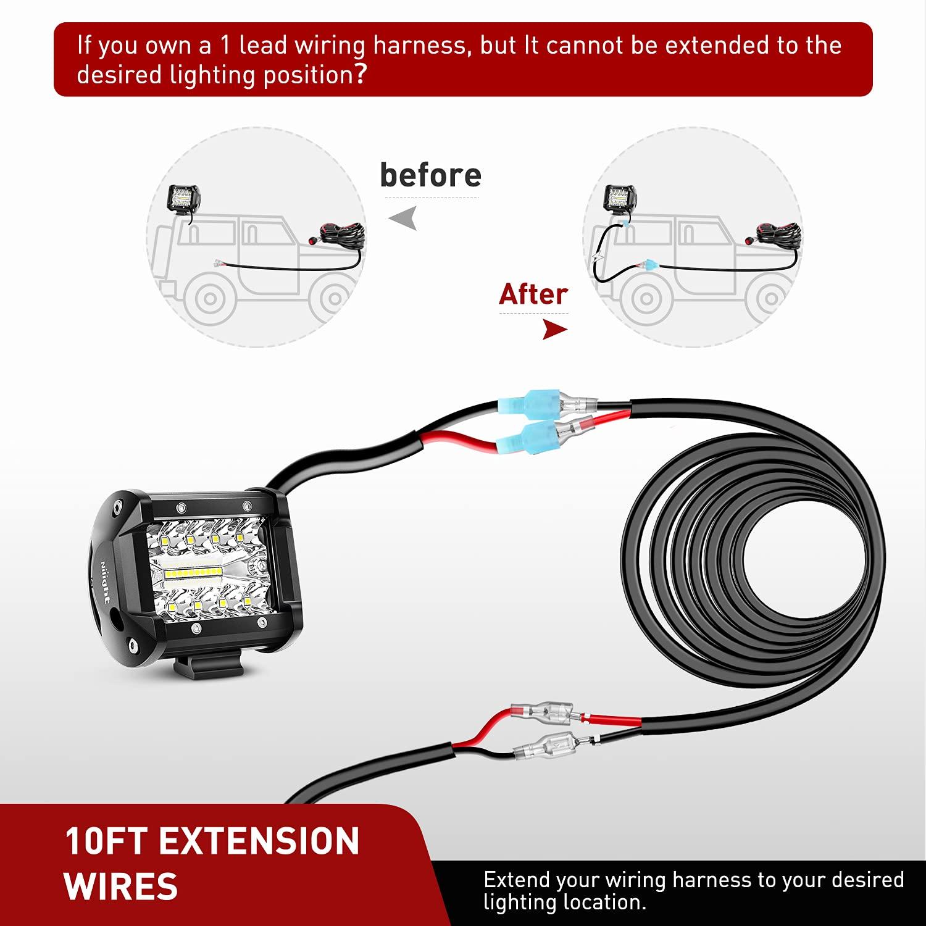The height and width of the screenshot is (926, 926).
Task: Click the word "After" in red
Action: pos(533,294)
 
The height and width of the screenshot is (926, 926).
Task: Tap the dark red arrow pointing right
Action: pos(554,330)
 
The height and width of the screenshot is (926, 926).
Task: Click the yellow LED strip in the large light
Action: pos(191,572)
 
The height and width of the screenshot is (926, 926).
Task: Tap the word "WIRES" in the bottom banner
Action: pos(121,886)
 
